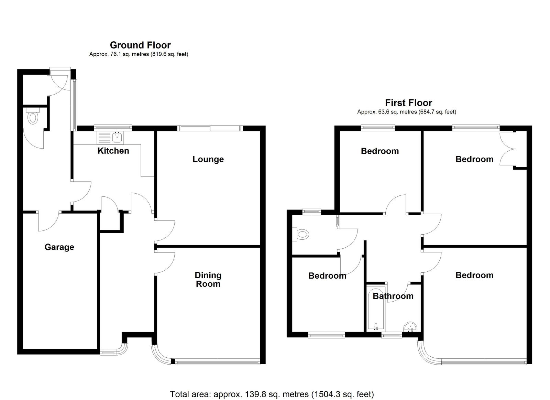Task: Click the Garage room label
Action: point(59,247)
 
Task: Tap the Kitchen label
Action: point(113,151)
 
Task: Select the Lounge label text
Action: point(208,159)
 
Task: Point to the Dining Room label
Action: point(208,280)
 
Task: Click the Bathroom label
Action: point(393,296)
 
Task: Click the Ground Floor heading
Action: point(140,45)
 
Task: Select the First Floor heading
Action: point(408,102)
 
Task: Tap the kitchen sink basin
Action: point(117,138)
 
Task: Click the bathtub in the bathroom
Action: point(376,308)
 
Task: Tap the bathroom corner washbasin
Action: point(410,326)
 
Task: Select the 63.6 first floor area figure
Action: point(384,112)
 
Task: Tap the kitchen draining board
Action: point(104,138)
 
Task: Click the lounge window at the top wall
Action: point(210,128)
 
